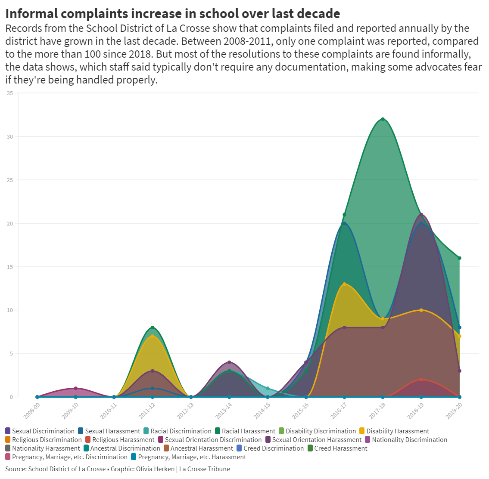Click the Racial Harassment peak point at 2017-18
click(x=383, y=119)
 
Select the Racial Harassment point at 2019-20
click(x=460, y=258)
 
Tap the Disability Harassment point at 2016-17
click(x=344, y=284)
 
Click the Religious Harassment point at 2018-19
click(x=421, y=380)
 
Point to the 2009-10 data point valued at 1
click(x=76, y=389)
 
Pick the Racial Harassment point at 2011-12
click(x=153, y=328)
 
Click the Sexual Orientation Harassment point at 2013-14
click(x=229, y=362)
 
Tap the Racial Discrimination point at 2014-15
click(x=268, y=389)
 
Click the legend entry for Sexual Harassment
click(x=112, y=431)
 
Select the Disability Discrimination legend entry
click(x=321, y=431)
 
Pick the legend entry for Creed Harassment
click(x=340, y=448)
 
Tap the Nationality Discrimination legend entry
click(x=409, y=440)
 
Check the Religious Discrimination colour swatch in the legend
click(x=8, y=440)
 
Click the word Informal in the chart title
click(x=31, y=14)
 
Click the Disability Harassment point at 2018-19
click(x=421, y=310)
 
